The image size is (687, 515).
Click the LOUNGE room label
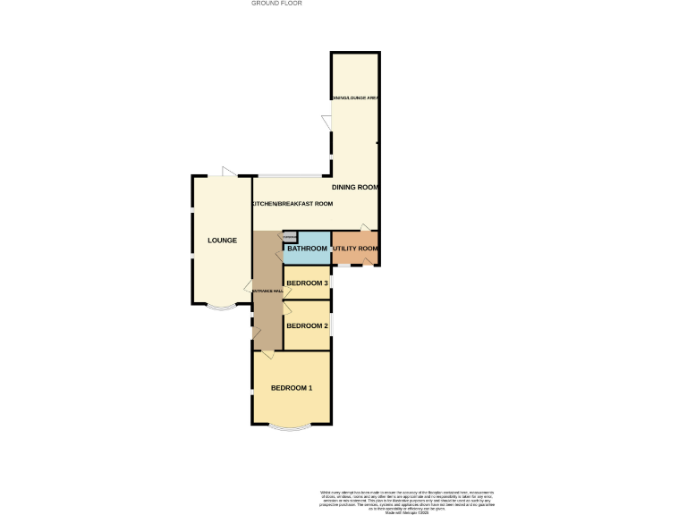click(x=221, y=241)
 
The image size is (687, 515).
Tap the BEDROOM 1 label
click(x=292, y=388)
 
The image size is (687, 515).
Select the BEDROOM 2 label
click(x=307, y=325)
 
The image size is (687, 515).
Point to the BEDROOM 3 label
click(x=307, y=283)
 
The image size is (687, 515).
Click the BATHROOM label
click(x=307, y=248)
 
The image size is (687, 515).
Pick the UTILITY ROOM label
click(x=355, y=248)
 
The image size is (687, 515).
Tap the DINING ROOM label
click(x=355, y=188)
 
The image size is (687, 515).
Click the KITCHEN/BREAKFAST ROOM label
click(x=293, y=204)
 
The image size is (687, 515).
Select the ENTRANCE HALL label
click(x=267, y=291)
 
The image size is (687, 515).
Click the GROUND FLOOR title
click(x=276, y=4)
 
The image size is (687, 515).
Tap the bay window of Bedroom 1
click(x=292, y=427)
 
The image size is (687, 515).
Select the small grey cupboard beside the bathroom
click(x=290, y=236)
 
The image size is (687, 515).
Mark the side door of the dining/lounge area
click(x=327, y=121)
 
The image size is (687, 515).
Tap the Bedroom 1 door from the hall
click(x=267, y=355)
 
